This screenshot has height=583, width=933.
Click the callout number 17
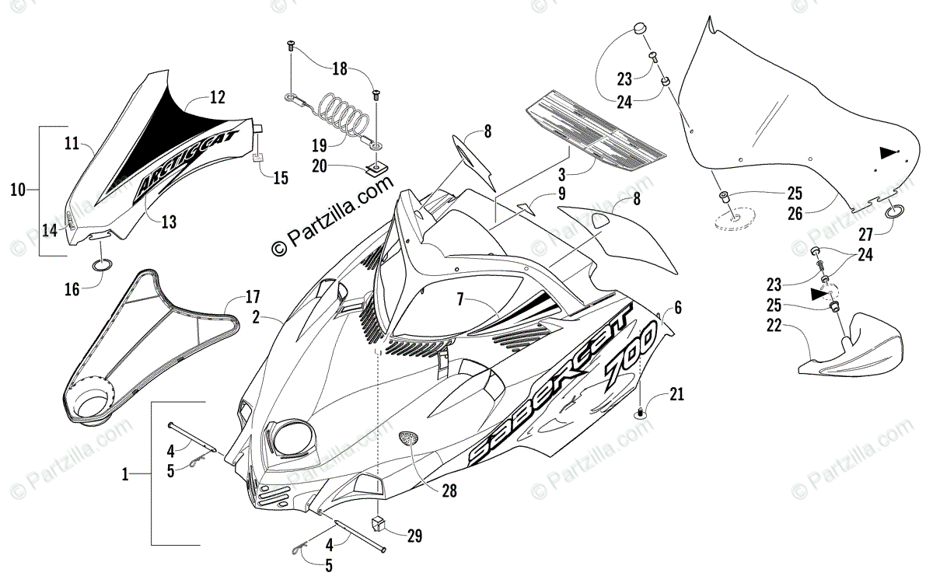coord(253,296)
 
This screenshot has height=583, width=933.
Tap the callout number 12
coord(218,98)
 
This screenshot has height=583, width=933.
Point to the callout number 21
coord(676,394)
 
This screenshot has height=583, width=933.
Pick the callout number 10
coord(18,189)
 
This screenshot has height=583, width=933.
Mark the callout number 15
coord(281,178)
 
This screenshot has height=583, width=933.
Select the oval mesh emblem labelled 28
coord(410,438)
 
